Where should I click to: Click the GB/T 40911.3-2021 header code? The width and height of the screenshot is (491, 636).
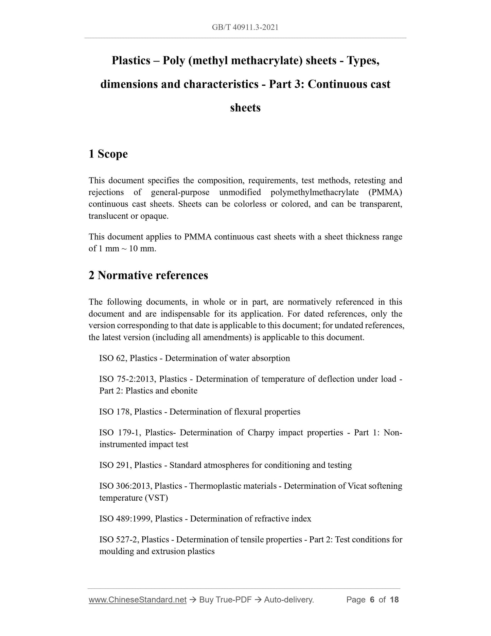pyautogui.click(x=245, y=28)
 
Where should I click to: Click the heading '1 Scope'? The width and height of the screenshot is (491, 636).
pyautogui.click(x=108, y=154)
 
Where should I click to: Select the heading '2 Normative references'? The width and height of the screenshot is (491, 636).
pyautogui.click(x=148, y=275)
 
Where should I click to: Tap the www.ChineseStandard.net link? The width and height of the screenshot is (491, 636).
pyautogui.click(x=138, y=600)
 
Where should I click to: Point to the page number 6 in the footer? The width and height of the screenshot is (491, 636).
pyautogui.click(x=372, y=600)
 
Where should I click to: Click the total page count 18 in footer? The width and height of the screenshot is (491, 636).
pyautogui.click(x=394, y=600)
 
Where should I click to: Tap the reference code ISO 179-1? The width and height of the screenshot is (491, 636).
pyautogui.click(x=120, y=433)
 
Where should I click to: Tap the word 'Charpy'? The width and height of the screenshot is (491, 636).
pyautogui.click(x=261, y=433)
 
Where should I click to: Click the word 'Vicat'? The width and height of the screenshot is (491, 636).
pyautogui.click(x=356, y=486)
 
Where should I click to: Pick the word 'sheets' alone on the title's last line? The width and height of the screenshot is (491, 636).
pyautogui.click(x=245, y=108)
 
